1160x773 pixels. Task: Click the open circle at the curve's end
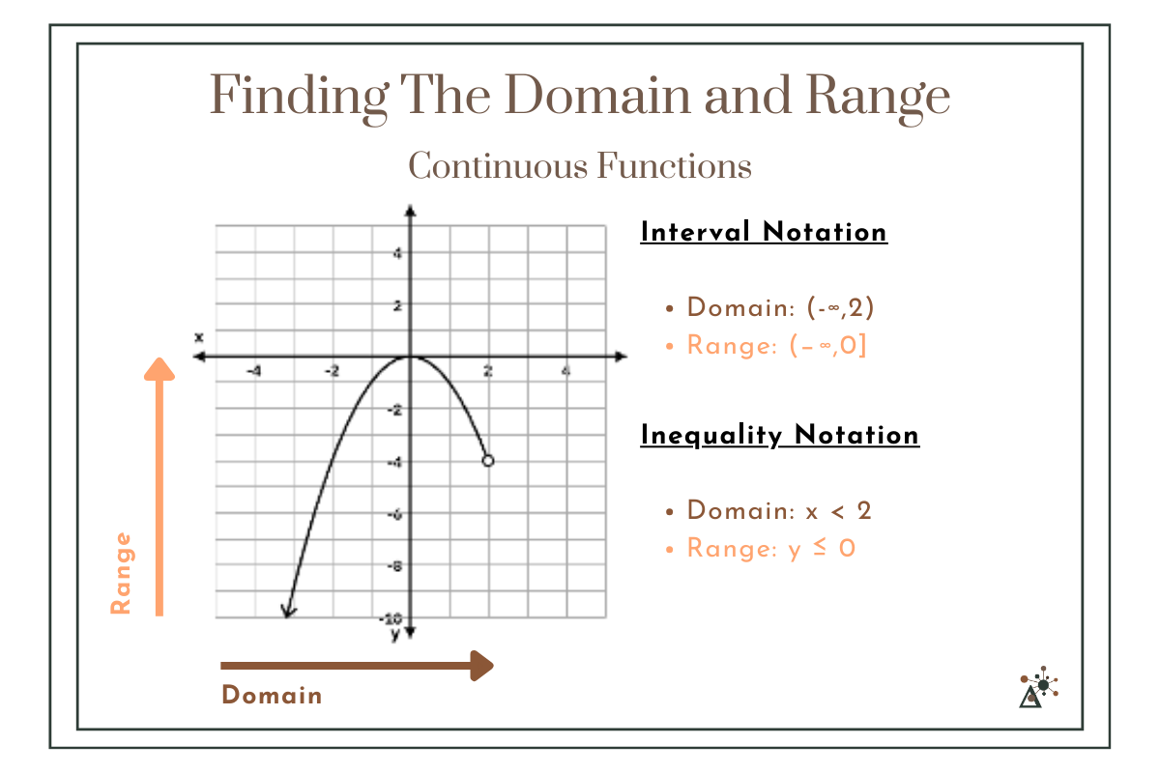click(488, 461)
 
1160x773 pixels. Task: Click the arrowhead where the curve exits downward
click(286, 611)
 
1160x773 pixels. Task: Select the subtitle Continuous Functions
click(580, 166)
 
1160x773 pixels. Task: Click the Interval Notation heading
click(764, 233)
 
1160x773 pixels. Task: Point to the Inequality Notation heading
click(779, 436)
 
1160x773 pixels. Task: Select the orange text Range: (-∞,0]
click(776, 345)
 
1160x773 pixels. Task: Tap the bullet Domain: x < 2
click(779, 510)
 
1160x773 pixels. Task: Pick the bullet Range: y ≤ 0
click(770, 549)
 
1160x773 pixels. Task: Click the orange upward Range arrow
click(159, 483)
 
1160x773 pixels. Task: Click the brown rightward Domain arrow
click(358, 665)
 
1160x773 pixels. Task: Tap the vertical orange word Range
click(121, 573)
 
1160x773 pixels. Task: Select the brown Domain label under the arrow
click(272, 696)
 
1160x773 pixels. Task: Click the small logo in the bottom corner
click(1038, 687)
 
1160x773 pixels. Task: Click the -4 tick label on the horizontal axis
click(253, 371)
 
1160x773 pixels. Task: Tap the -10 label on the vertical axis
click(391, 617)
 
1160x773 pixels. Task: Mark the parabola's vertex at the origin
click(410, 358)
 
